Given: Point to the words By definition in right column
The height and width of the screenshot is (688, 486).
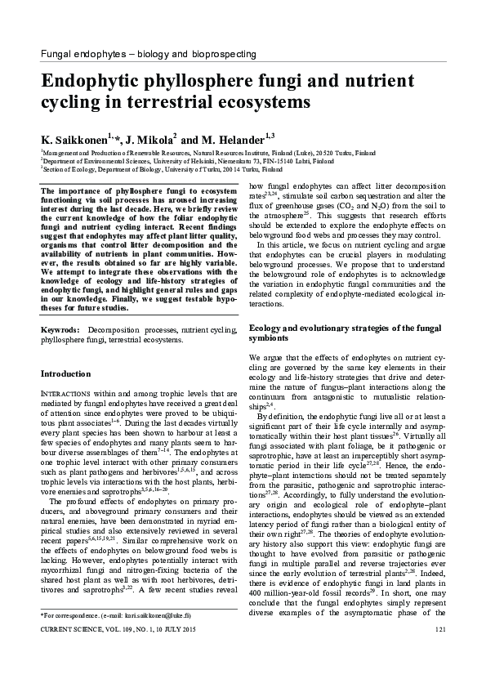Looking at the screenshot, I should tap(283, 415).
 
